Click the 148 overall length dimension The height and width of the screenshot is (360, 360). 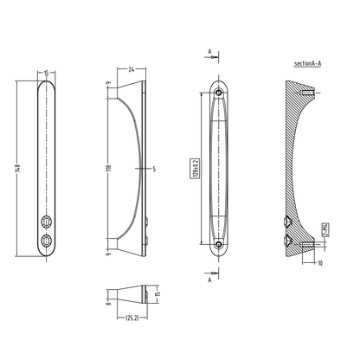click(16, 167)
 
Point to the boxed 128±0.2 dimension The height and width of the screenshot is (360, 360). click(198, 167)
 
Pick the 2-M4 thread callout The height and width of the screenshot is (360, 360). click(324, 228)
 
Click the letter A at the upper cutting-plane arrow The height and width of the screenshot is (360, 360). click(209, 52)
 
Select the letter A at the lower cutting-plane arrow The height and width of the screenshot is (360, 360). click(209, 280)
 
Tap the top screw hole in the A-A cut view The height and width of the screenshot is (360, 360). click(218, 91)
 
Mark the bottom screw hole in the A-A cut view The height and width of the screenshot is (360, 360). click(218, 244)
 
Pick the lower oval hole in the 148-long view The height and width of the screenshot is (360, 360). click(45, 240)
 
